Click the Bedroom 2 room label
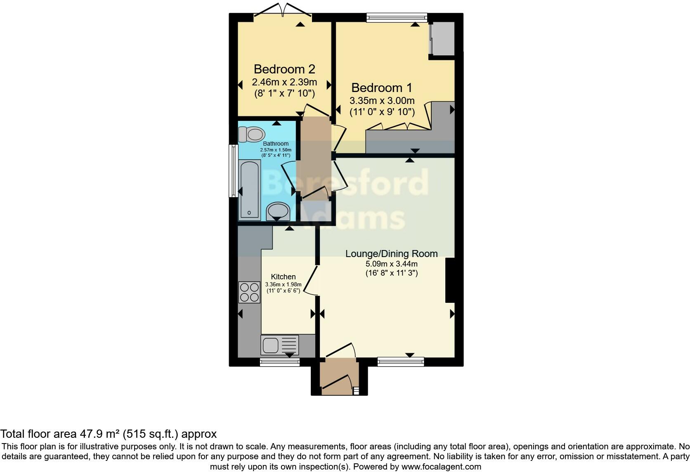(x=284, y=68)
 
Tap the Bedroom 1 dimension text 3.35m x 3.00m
(x=382, y=101)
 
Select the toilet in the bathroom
(x=252, y=134)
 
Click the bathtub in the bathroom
(x=249, y=190)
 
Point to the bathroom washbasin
(x=278, y=212)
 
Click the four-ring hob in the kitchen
(x=249, y=292)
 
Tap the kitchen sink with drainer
(x=279, y=345)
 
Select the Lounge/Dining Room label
(x=391, y=253)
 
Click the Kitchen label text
(x=283, y=277)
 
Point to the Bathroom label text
(x=276, y=144)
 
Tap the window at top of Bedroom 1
(x=397, y=17)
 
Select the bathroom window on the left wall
(x=234, y=170)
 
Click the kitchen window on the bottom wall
(x=280, y=362)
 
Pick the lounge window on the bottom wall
(x=400, y=362)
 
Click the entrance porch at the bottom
(x=339, y=377)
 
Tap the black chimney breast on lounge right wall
(x=450, y=281)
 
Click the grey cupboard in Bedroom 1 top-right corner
(x=442, y=38)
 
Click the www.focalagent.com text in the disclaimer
(x=441, y=467)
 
